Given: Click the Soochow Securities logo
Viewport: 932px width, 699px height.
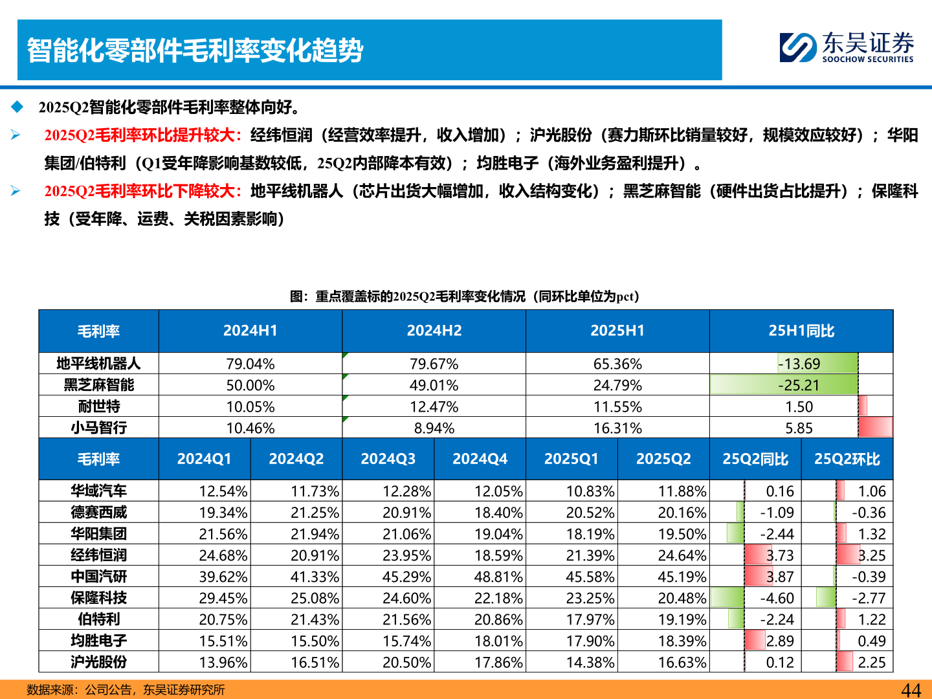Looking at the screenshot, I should point(846,48).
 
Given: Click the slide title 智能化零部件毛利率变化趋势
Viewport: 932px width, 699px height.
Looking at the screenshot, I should point(195,50).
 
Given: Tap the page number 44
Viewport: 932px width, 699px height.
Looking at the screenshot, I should point(911,690).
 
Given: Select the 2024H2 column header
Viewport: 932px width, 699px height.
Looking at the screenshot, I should point(434,331).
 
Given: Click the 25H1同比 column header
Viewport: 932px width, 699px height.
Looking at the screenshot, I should point(801,331).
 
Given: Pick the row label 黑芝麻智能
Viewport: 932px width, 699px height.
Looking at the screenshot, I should point(98,385).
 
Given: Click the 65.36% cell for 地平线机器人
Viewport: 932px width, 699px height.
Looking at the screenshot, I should point(617,364).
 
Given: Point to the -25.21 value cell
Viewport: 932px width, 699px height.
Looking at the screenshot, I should point(799,385).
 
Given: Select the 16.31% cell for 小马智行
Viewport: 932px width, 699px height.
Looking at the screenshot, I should point(617,428).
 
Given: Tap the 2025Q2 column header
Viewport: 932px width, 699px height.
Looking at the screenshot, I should point(663,459).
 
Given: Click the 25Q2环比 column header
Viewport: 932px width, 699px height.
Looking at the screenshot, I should point(847,459).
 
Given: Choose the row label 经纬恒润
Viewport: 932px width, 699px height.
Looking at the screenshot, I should point(98,555).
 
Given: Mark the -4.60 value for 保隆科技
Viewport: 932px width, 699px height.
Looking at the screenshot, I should point(777,598).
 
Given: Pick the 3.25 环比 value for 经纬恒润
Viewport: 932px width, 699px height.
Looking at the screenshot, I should point(871,555).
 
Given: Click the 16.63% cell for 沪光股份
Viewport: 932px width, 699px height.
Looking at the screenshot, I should point(682,662).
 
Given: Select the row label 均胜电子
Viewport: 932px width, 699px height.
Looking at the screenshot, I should point(98,641).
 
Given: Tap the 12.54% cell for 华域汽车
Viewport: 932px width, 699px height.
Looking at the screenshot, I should point(223,491).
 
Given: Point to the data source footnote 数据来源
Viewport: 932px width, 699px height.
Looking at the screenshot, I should point(126,690).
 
